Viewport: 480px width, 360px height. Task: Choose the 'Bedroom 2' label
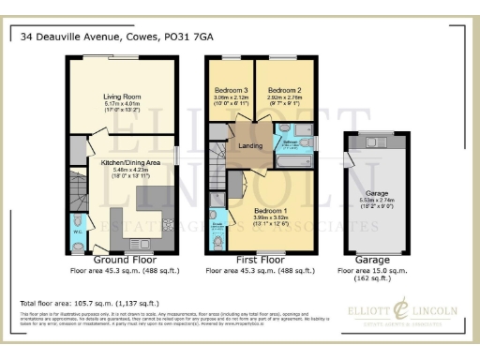pos(283,89)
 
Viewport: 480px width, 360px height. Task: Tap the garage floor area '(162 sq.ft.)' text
pos(375,278)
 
